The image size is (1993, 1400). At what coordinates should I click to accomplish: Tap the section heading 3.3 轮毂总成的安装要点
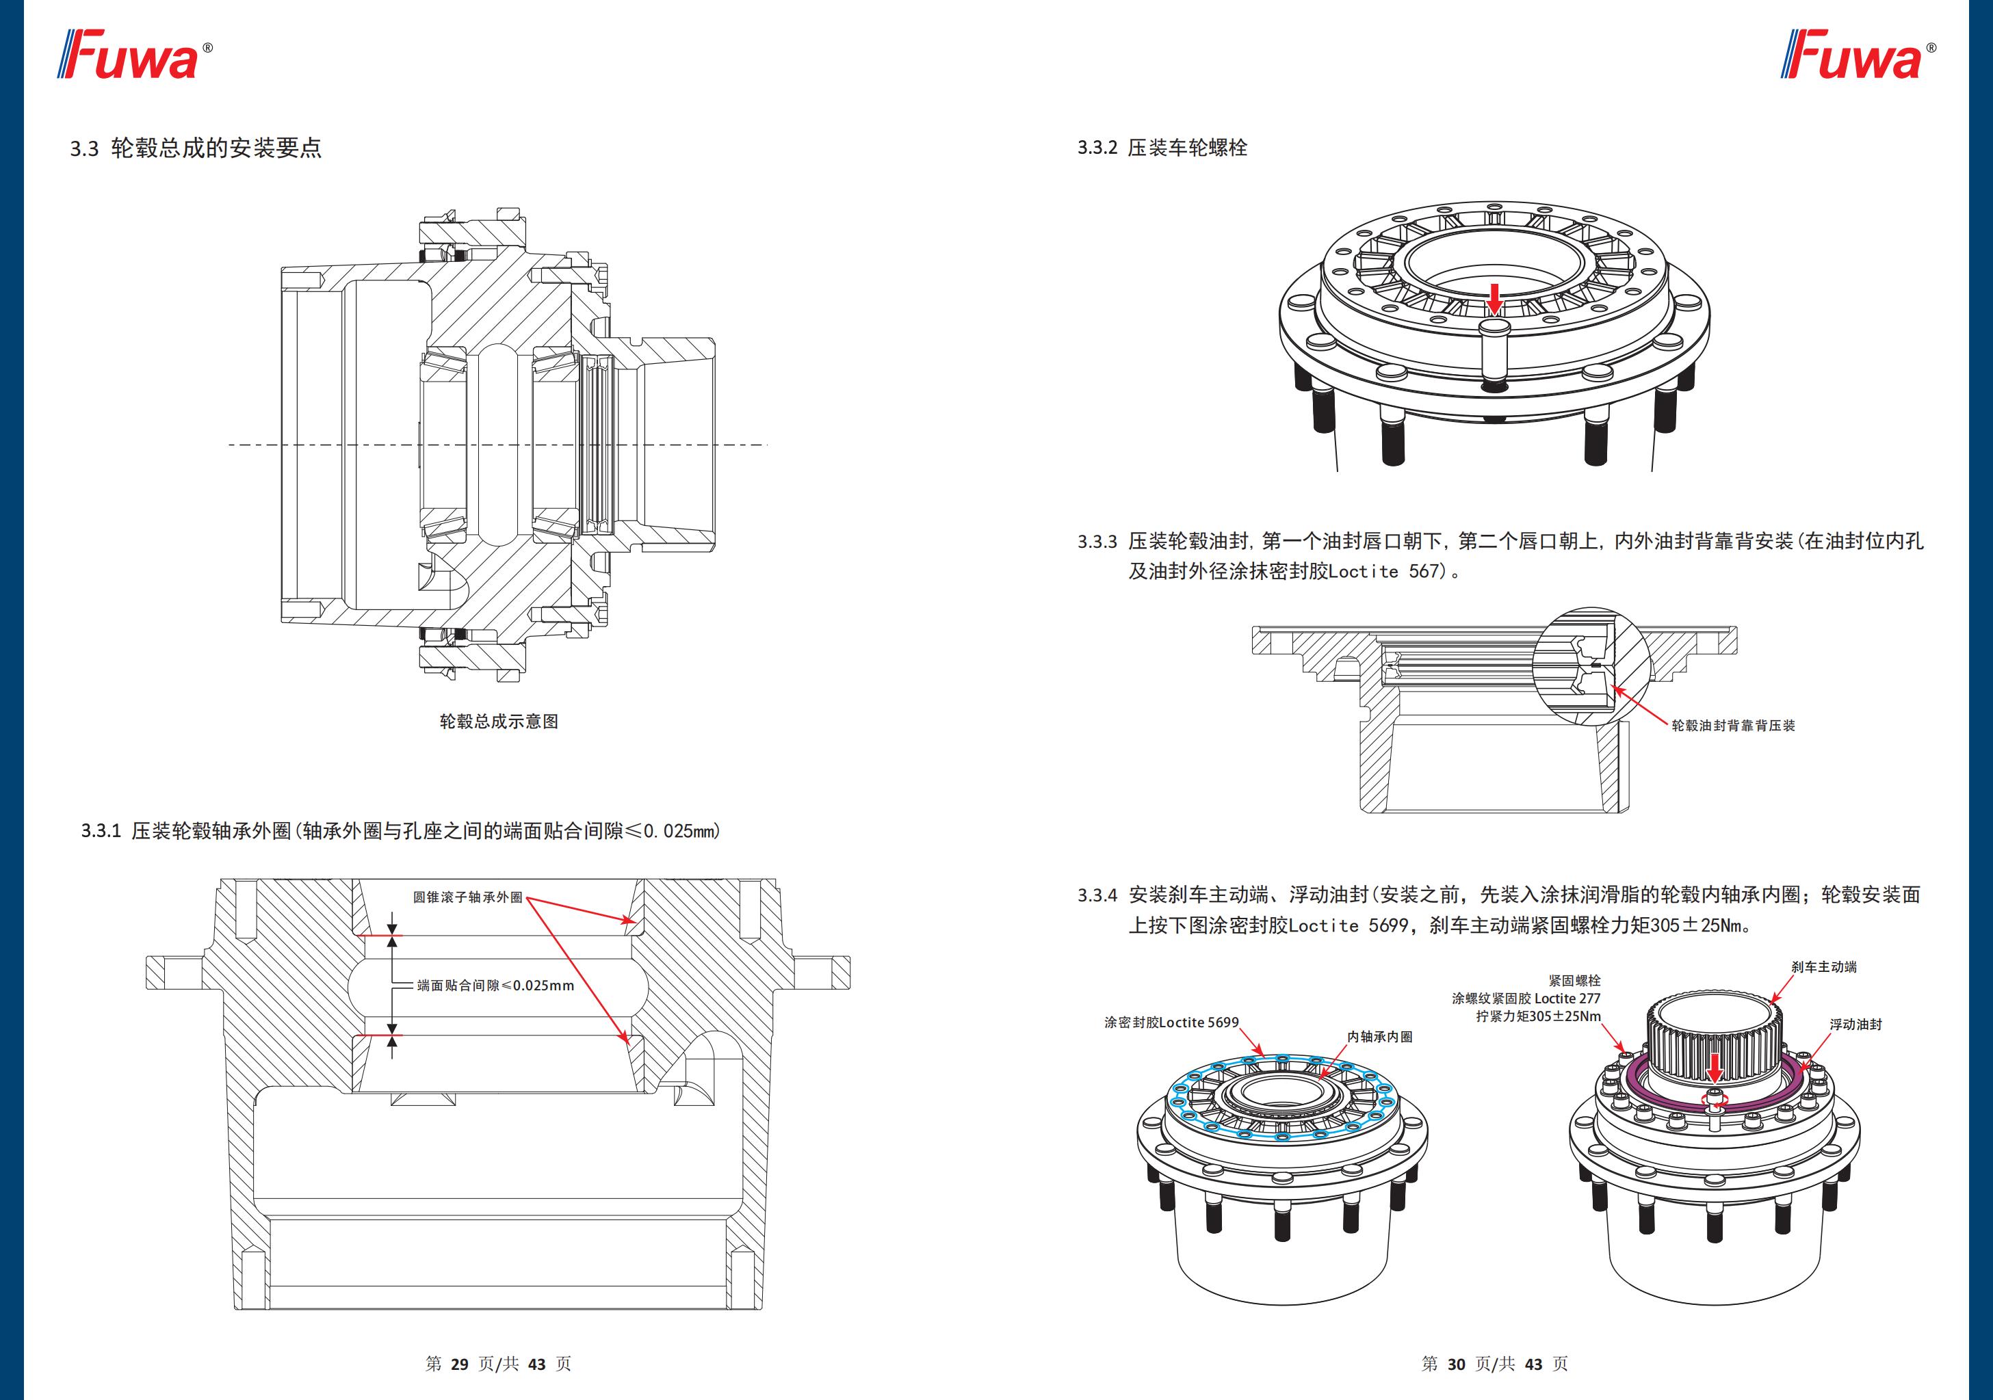point(196,148)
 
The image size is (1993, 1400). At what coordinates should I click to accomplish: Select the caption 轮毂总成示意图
point(499,722)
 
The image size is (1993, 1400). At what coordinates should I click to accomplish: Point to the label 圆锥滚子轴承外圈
point(468,897)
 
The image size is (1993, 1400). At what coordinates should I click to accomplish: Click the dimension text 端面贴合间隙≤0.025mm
point(495,986)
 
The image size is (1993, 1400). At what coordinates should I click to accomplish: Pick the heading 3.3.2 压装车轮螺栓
point(1162,148)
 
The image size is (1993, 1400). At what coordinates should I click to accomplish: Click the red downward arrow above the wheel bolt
point(1494,297)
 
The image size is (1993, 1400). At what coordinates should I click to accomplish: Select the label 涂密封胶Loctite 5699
point(1171,1022)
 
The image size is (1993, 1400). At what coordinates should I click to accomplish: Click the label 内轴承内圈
point(1379,1036)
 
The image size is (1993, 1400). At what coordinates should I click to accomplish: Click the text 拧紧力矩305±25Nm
point(1538,1016)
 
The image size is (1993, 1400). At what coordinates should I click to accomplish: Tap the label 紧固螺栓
point(1574,981)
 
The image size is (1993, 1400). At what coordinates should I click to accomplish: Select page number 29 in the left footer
point(460,1364)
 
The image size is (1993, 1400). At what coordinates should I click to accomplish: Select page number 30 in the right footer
point(1456,1364)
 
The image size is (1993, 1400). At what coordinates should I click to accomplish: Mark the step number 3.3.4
point(1097,895)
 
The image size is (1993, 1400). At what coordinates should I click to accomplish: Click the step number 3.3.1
point(101,830)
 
